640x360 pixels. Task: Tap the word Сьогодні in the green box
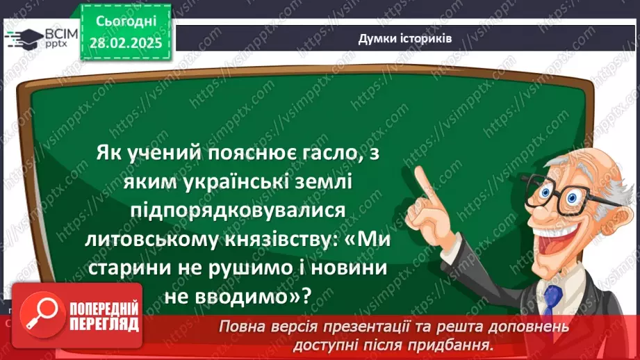coord(125,22)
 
